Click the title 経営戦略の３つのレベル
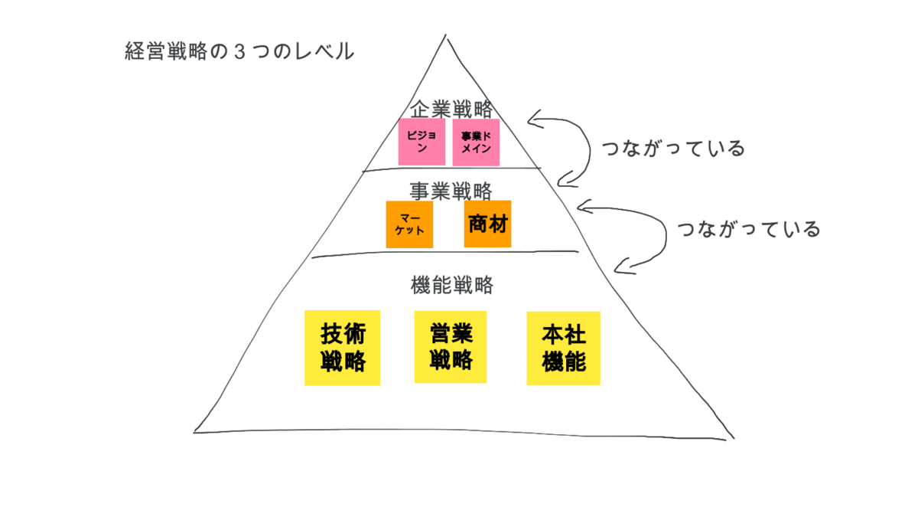239,52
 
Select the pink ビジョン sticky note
422,142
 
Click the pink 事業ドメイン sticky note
476,142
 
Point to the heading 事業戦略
451,190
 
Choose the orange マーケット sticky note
409,224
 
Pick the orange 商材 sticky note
487,224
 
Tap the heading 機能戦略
452,286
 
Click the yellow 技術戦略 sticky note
342,347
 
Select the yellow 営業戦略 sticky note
451,346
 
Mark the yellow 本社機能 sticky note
563,348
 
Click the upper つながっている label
673,149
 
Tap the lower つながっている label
749,229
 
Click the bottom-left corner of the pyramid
195,432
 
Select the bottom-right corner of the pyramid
733,438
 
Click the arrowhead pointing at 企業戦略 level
530,120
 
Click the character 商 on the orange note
478,224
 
